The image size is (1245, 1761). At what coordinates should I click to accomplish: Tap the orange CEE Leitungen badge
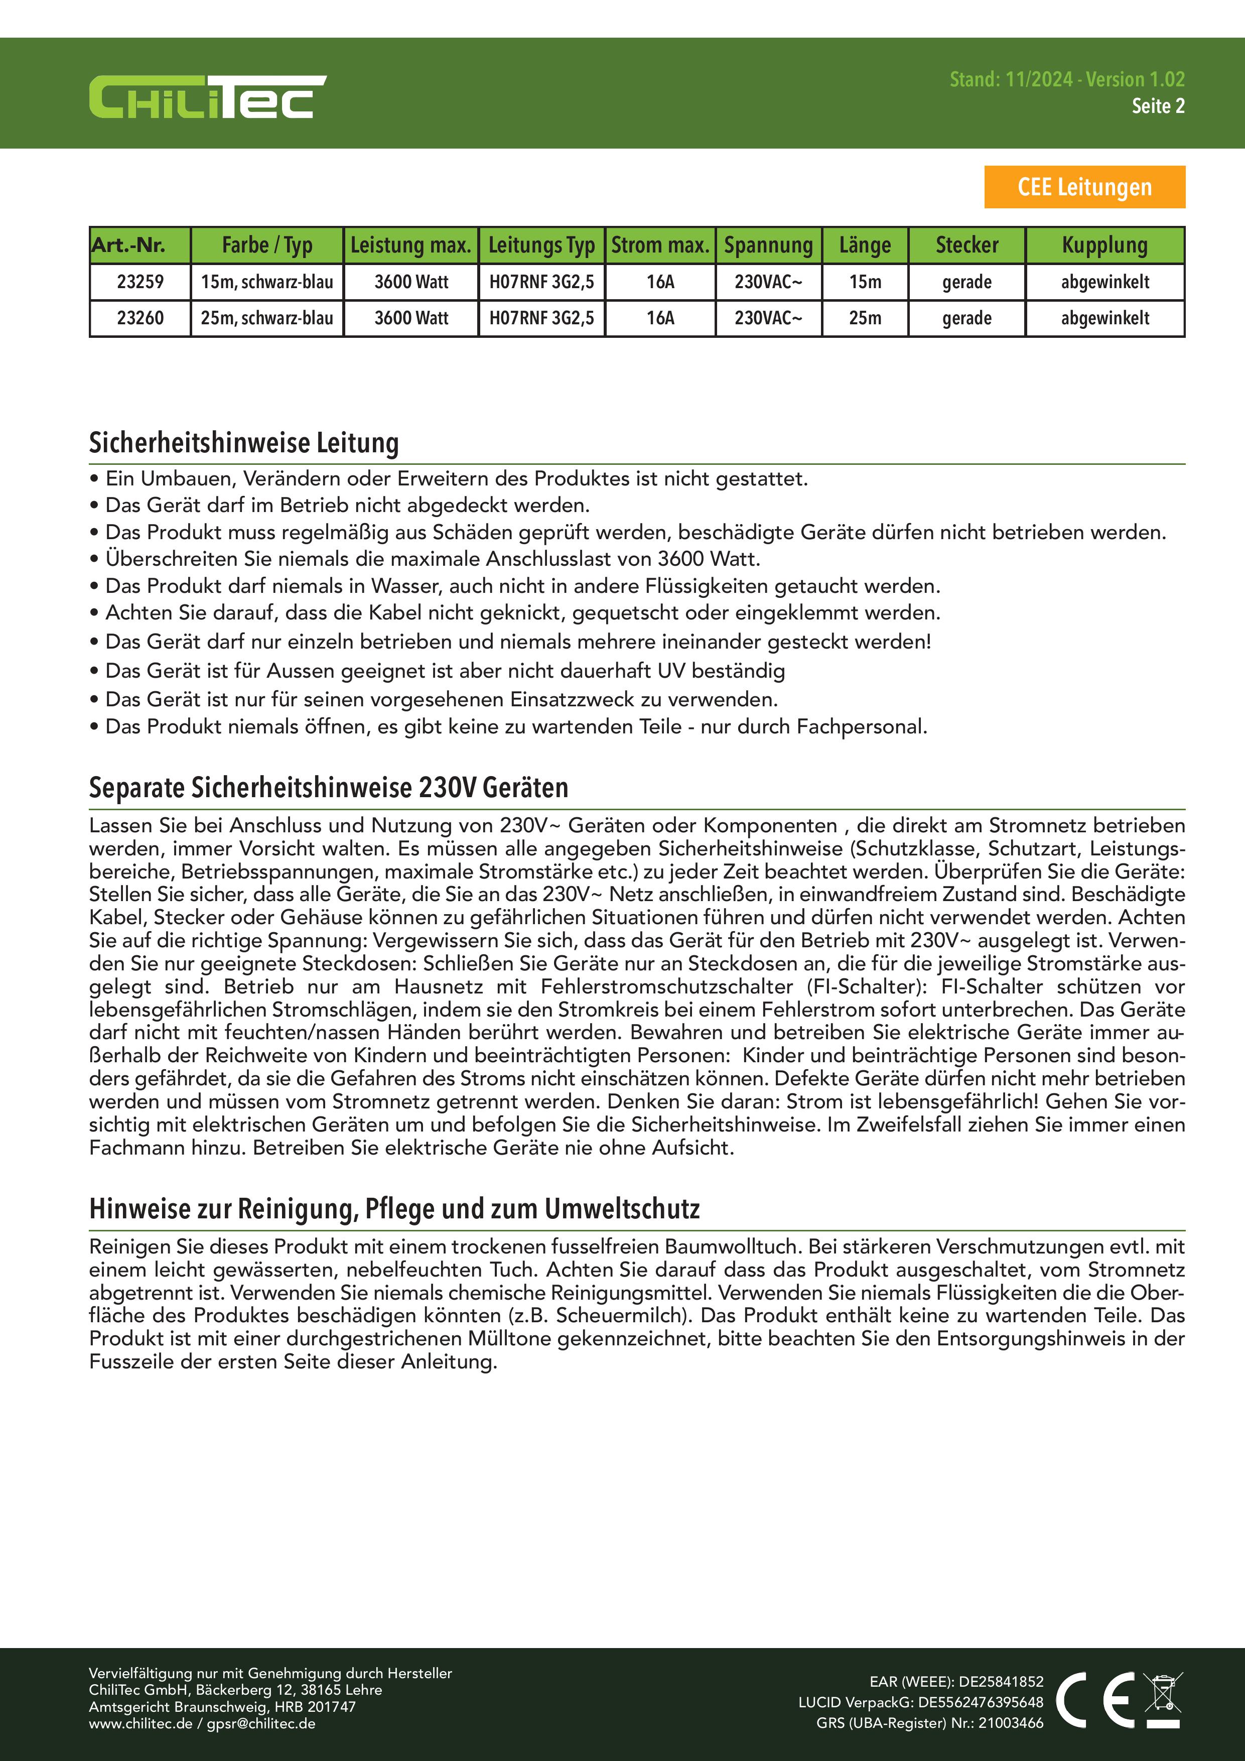click(x=1084, y=187)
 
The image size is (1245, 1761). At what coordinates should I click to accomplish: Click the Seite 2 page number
click(x=1158, y=106)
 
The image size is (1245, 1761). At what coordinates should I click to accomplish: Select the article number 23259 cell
click(x=141, y=282)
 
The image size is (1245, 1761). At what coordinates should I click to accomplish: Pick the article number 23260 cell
click(x=141, y=318)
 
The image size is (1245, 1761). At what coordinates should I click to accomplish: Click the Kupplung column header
click(x=1104, y=245)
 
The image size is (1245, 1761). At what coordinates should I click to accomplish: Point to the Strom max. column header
click(x=660, y=245)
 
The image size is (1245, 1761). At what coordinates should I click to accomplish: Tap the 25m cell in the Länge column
click(x=865, y=318)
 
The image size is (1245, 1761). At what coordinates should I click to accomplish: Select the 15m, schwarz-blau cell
click(x=267, y=282)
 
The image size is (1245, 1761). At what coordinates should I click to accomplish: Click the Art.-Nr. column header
click(x=129, y=245)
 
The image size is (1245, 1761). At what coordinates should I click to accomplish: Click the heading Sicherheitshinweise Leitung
click(x=244, y=443)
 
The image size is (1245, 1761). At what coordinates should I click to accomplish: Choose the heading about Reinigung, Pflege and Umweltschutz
click(x=394, y=1209)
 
